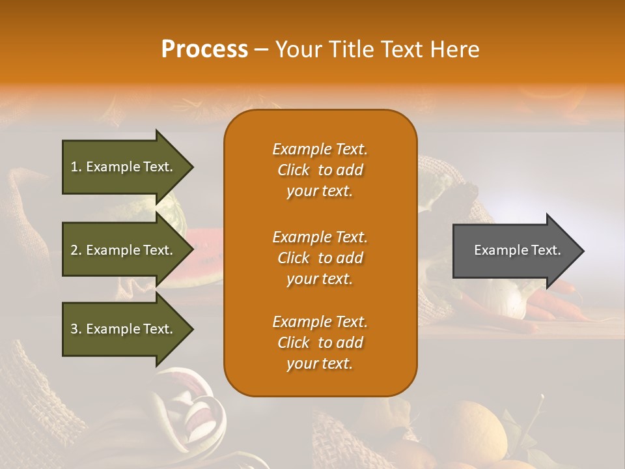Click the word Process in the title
click(204, 50)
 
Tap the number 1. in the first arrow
click(76, 167)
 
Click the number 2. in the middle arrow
click(76, 250)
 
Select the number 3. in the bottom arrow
click(76, 329)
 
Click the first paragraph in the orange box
click(320, 170)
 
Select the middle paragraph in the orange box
click(320, 258)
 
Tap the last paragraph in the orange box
click(320, 343)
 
